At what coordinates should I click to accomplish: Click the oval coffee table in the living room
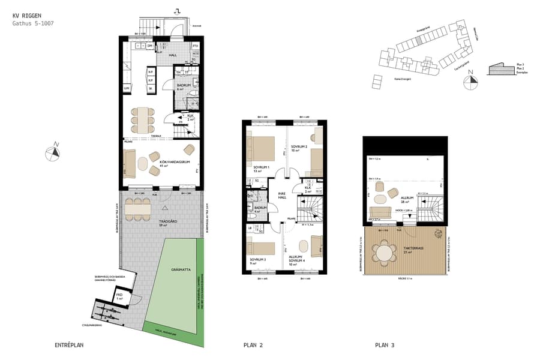tap(143, 163)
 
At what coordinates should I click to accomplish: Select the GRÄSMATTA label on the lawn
tap(180, 269)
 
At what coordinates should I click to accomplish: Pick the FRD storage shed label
tap(120, 296)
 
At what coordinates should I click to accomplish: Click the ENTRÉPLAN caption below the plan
tap(68, 346)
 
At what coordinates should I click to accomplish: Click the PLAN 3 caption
tap(385, 346)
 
